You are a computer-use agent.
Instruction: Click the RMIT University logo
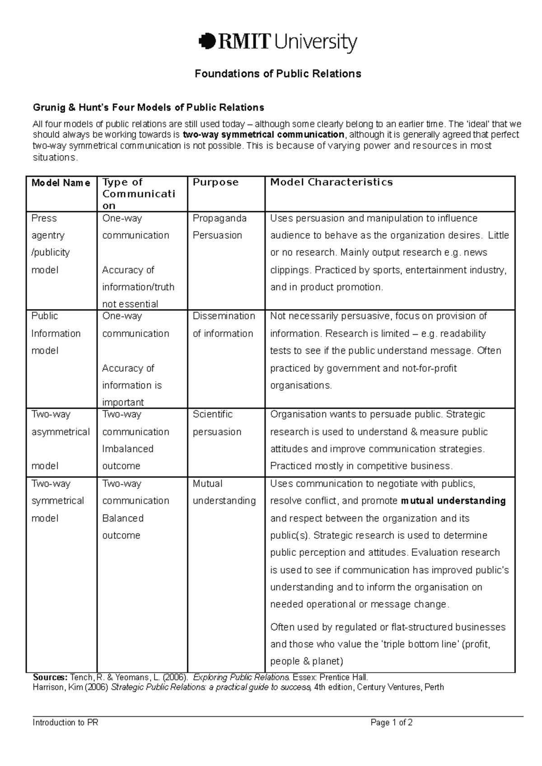[x=277, y=43]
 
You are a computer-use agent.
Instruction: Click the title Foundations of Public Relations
[x=278, y=74]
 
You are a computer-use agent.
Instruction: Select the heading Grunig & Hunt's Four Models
[x=148, y=107]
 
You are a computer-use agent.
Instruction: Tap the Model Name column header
[x=61, y=183]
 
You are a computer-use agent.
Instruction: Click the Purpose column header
[x=215, y=182]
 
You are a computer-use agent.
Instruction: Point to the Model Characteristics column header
[x=331, y=182]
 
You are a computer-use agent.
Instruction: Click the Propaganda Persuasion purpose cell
[x=220, y=226]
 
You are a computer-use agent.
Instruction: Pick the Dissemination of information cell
[x=224, y=324]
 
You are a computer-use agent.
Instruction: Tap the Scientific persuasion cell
[x=217, y=423]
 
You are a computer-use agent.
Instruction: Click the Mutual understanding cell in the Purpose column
[x=224, y=492]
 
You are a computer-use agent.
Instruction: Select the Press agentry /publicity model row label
[x=50, y=244]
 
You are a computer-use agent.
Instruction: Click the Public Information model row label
[x=56, y=333]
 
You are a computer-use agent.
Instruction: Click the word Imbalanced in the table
[x=128, y=449]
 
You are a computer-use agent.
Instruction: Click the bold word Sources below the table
[x=50, y=677]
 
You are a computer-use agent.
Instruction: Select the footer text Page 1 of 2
[x=391, y=723]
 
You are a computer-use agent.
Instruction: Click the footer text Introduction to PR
[x=65, y=723]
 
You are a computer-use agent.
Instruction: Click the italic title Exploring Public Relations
[x=241, y=677]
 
